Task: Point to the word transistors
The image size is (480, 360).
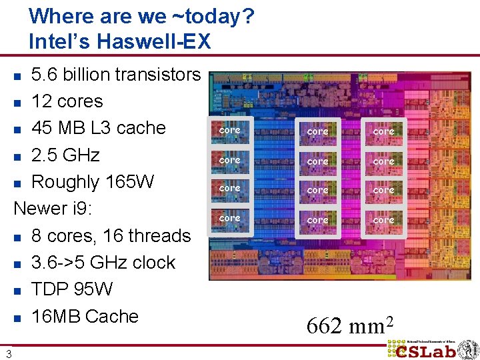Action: [x=158, y=74]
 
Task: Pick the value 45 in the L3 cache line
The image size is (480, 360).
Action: [x=43, y=127]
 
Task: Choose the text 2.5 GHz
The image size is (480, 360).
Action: [x=65, y=155]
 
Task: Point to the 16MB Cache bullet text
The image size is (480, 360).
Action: [x=85, y=316]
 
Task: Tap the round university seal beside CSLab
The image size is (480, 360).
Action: [x=467, y=349]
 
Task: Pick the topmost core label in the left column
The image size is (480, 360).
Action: [x=230, y=130]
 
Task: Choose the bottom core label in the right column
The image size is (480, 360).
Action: [x=383, y=219]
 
